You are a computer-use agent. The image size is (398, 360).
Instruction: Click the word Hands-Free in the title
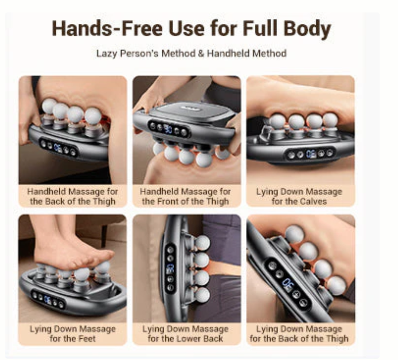[x=107, y=28]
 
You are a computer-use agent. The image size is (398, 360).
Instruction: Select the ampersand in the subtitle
[x=201, y=53]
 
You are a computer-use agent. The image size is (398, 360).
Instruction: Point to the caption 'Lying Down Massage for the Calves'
[x=299, y=196]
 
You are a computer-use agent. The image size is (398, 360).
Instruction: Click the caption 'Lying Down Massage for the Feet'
[x=73, y=334]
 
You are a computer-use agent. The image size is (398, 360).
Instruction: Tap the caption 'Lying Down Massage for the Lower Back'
[x=185, y=334]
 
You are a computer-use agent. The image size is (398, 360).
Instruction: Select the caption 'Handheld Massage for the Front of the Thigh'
[x=185, y=196]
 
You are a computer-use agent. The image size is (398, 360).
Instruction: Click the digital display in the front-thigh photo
[x=169, y=128]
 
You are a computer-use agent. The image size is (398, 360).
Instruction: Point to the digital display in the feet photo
[x=47, y=300]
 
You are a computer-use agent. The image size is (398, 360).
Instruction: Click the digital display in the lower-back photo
[x=170, y=269]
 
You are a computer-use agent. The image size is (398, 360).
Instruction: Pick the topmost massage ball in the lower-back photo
[x=202, y=242]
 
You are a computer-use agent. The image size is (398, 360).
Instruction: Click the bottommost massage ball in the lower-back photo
[x=202, y=295]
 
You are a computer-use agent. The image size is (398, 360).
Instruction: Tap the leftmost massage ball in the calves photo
[x=277, y=121]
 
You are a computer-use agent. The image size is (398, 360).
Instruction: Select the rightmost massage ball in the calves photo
[x=330, y=120]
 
